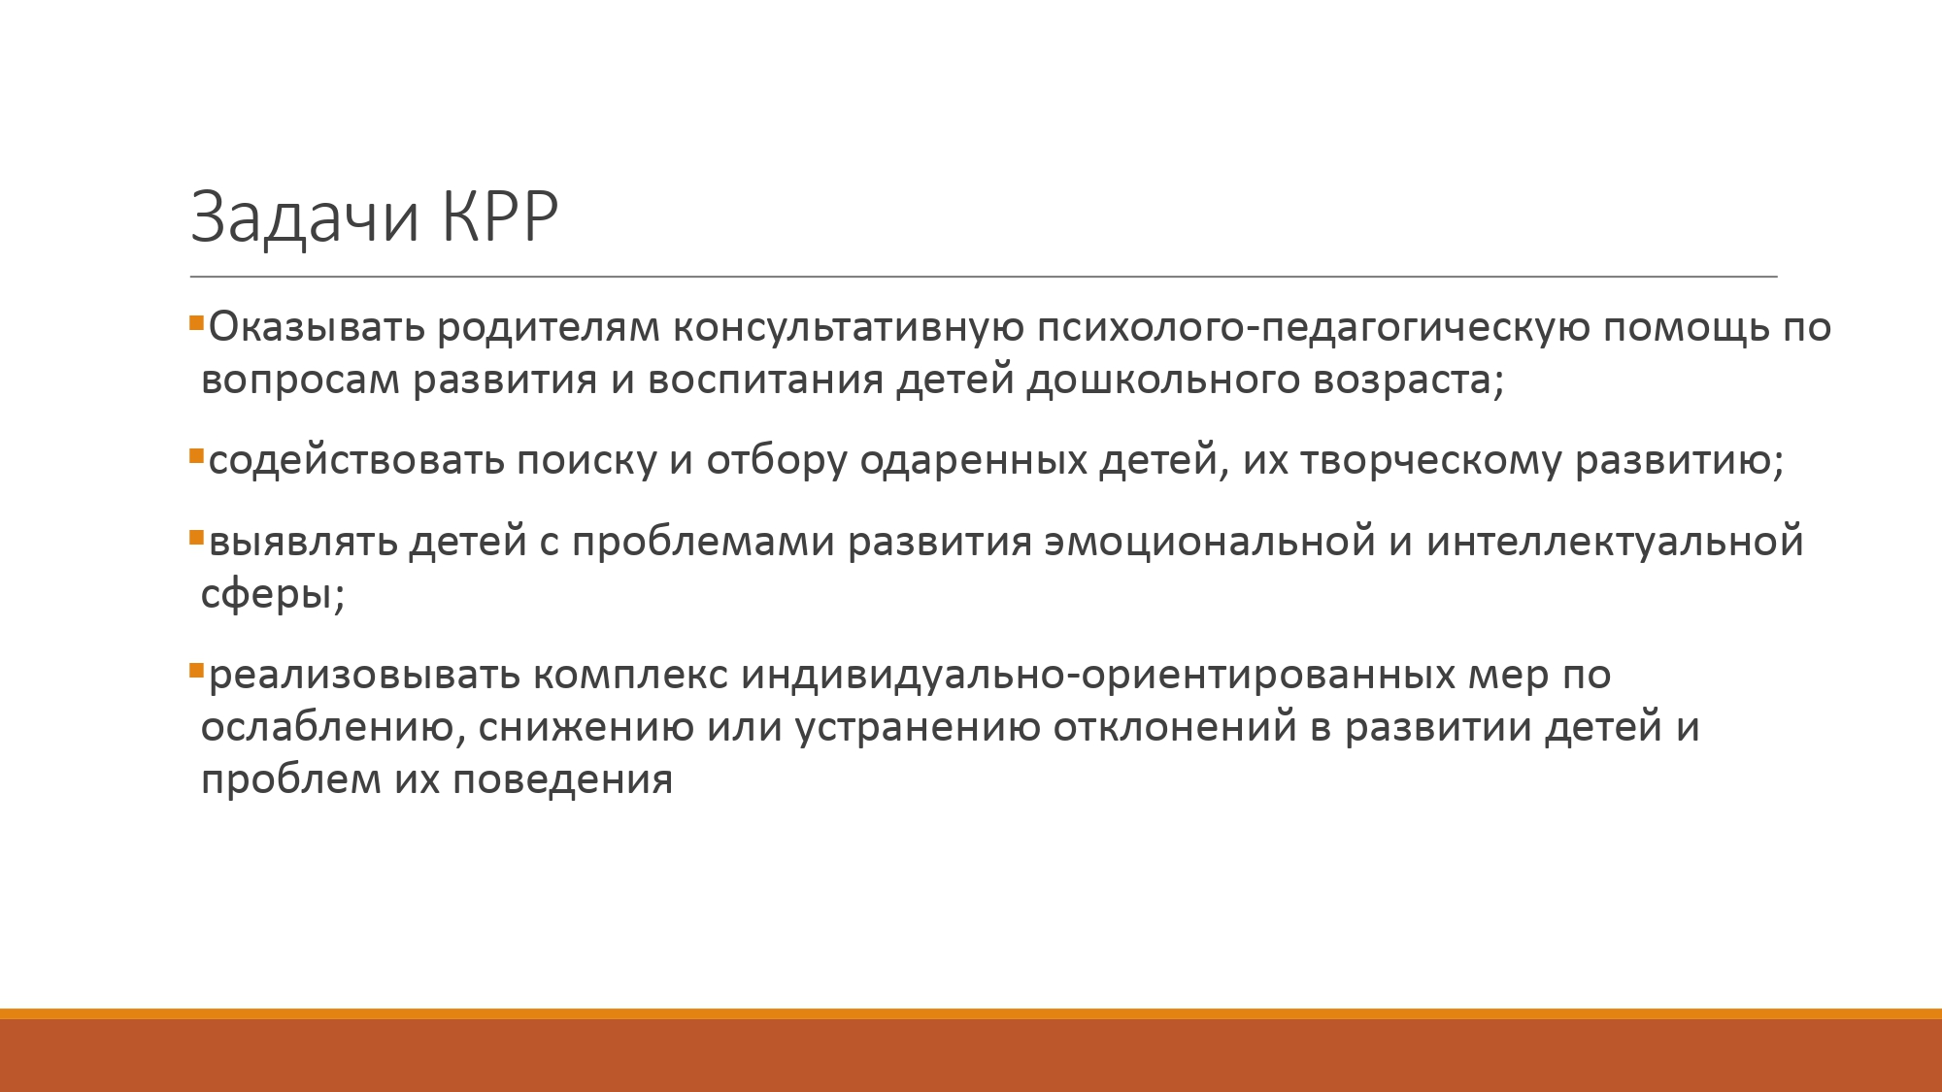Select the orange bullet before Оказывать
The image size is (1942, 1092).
[196, 322]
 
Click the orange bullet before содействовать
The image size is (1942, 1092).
[196, 455]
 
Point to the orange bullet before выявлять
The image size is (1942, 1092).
[196, 537]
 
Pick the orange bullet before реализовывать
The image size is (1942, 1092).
[196, 670]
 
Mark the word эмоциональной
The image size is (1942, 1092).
[1210, 541]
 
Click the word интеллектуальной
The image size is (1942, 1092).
[1615, 541]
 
